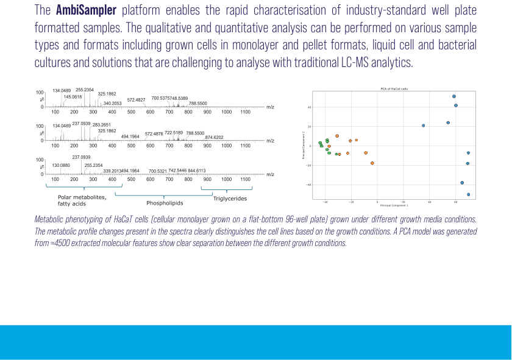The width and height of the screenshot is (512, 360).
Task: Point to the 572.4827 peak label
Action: [x=136, y=100]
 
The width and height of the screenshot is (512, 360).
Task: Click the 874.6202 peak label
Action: [x=218, y=137]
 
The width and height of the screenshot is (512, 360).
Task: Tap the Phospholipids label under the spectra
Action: [x=165, y=203]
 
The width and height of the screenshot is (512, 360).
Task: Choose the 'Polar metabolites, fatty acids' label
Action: [x=82, y=200]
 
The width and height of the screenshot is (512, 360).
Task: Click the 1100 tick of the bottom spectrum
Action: [x=246, y=179]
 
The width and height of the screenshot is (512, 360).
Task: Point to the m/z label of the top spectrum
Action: [x=270, y=107]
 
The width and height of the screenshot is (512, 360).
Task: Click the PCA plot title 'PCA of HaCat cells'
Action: [x=391, y=89]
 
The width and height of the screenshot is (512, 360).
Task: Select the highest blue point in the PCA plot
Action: [x=454, y=96]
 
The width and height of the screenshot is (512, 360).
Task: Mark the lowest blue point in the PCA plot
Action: [x=468, y=194]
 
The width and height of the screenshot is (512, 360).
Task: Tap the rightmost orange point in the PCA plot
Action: [x=372, y=163]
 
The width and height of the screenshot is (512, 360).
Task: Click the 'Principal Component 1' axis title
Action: [x=391, y=205]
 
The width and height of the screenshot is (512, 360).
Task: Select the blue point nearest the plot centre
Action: [x=423, y=125]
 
